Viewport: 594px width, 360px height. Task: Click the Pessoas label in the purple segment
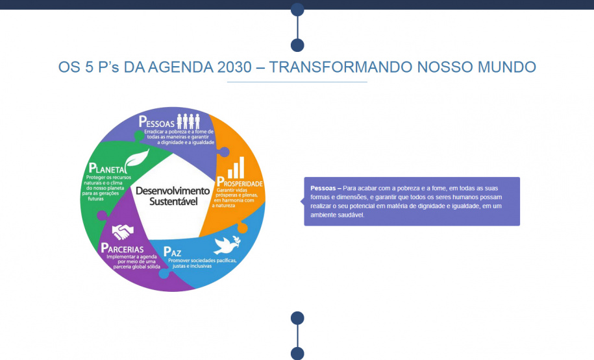click(x=157, y=121)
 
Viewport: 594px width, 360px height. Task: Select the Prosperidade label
click(x=240, y=183)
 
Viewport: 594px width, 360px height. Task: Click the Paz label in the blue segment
click(x=172, y=251)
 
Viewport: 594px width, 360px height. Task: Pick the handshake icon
click(x=122, y=230)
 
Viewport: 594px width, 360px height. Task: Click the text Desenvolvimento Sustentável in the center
click(x=172, y=196)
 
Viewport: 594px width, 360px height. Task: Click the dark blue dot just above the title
click(x=297, y=45)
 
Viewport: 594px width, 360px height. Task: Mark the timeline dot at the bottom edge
click(x=297, y=353)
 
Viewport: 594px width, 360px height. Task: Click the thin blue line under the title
click(x=297, y=82)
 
